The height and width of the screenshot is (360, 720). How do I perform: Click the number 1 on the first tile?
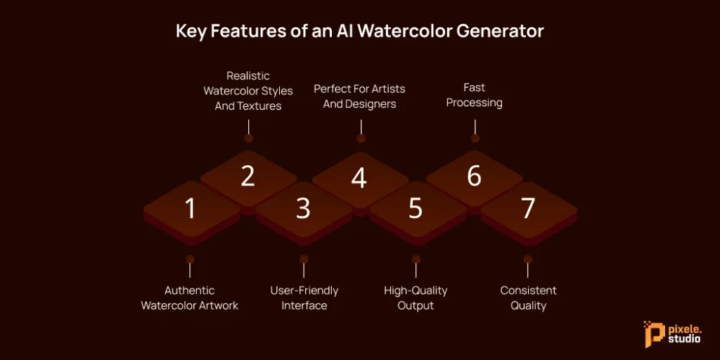tap(189, 208)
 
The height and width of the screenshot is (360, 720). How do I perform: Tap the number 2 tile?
tap(247, 176)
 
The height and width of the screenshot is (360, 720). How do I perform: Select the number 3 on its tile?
tap(303, 208)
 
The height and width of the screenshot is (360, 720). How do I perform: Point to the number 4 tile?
tap(359, 178)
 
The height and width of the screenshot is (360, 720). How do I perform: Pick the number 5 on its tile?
tap(416, 208)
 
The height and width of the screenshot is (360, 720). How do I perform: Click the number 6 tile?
tap(475, 176)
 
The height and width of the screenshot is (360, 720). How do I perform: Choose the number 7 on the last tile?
tap(528, 208)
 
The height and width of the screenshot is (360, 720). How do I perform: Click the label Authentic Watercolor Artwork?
tap(190, 298)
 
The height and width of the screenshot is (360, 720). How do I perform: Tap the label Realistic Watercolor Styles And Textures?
tap(248, 91)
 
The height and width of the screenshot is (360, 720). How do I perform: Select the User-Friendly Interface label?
tap(304, 298)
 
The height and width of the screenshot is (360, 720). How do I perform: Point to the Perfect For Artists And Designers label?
tap(359, 96)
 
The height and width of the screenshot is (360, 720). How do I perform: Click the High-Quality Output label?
tap(416, 298)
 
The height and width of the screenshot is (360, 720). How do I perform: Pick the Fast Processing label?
tap(475, 95)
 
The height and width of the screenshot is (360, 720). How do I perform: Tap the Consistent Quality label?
tap(529, 298)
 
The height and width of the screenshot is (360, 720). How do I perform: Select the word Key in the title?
tap(191, 32)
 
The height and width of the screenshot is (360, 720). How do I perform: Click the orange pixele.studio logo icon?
tap(651, 333)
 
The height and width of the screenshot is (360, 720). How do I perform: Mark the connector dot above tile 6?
tap(475, 139)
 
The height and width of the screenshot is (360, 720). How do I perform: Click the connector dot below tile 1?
tap(189, 259)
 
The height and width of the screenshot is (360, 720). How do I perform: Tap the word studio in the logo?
tap(681, 339)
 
